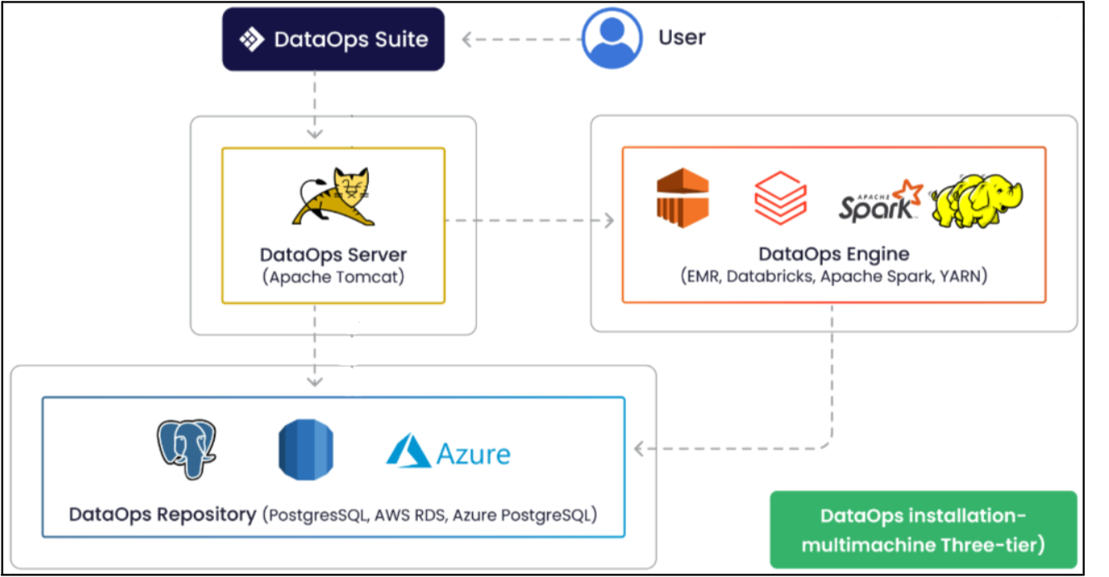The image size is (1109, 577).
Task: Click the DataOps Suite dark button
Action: pyautogui.click(x=333, y=39)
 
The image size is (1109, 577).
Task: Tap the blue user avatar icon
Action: pyautogui.click(x=612, y=37)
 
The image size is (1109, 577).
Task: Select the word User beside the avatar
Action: pyautogui.click(x=682, y=37)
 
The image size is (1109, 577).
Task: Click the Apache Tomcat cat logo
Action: pyautogui.click(x=333, y=196)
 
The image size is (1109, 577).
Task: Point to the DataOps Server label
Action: pyautogui.click(x=333, y=255)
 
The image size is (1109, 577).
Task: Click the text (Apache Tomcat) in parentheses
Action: pyautogui.click(x=333, y=277)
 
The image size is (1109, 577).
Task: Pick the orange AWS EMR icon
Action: pyautogui.click(x=682, y=197)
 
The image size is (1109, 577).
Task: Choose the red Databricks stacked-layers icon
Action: pyautogui.click(x=780, y=198)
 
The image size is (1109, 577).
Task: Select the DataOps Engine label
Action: pyautogui.click(x=833, y=254)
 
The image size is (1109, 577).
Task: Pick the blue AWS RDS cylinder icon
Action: pyautogui.click(x=306, y=450)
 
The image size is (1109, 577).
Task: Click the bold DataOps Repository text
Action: pyautogui.click(x=162, y=515)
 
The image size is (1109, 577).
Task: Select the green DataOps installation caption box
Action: pyautogui.click(x=923, y=530)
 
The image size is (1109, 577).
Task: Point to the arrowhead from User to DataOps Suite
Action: pyautogui.click(x=468, y=39)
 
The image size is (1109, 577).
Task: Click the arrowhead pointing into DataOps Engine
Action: pyautogui.click(x=609, y=221)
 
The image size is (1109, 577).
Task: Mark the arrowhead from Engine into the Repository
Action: pyautogui.click(x=639, y=450)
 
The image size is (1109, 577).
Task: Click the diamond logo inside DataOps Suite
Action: pyautogui.click(x=251, y=39)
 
